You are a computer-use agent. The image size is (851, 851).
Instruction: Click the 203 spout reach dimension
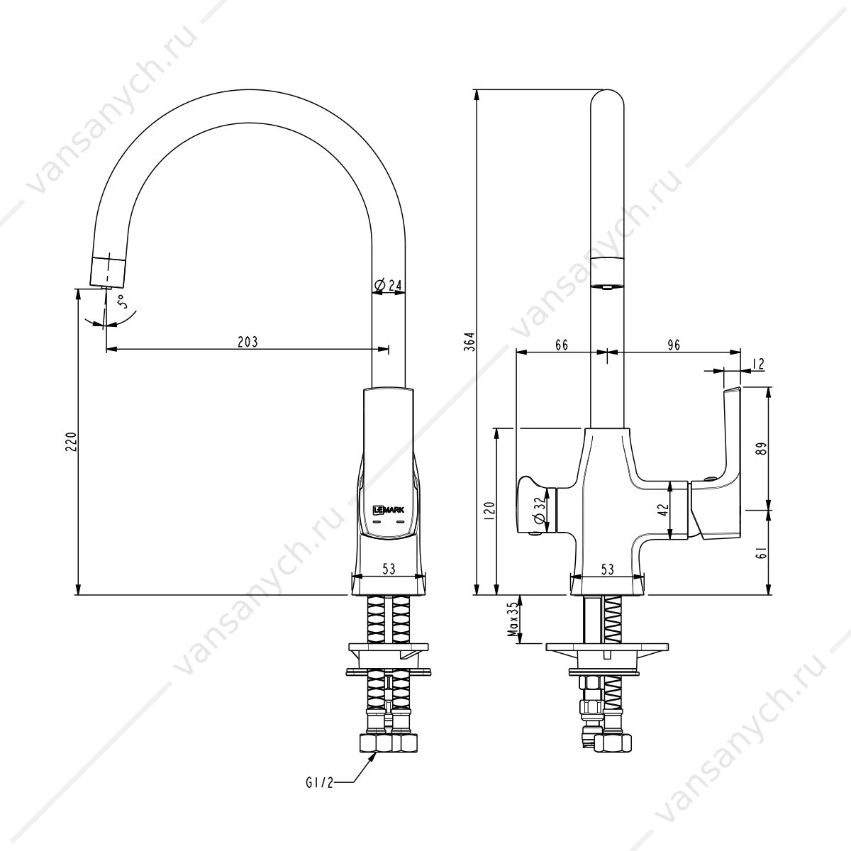tap(247, 342)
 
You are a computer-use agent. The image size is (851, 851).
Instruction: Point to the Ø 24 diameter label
tap(388, 285)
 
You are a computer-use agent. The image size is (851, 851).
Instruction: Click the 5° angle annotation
tap(123, 301)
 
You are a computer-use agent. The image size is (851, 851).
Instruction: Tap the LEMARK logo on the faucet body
tap(389, 510)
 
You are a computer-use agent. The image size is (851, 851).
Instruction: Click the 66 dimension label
tap(562, 345)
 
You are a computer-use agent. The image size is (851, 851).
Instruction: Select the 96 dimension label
tap(674, 345)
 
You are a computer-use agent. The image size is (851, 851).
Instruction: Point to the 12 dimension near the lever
tap(758, 364)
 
